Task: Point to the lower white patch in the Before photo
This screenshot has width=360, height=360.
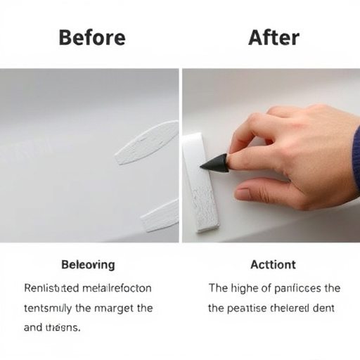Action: [160, 216]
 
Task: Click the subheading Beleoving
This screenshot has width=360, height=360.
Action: [88, 265]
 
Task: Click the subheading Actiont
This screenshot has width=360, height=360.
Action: [273, 265]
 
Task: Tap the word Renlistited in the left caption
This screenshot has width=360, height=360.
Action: [51, 288]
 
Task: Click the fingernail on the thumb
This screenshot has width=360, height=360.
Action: [243, 193]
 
